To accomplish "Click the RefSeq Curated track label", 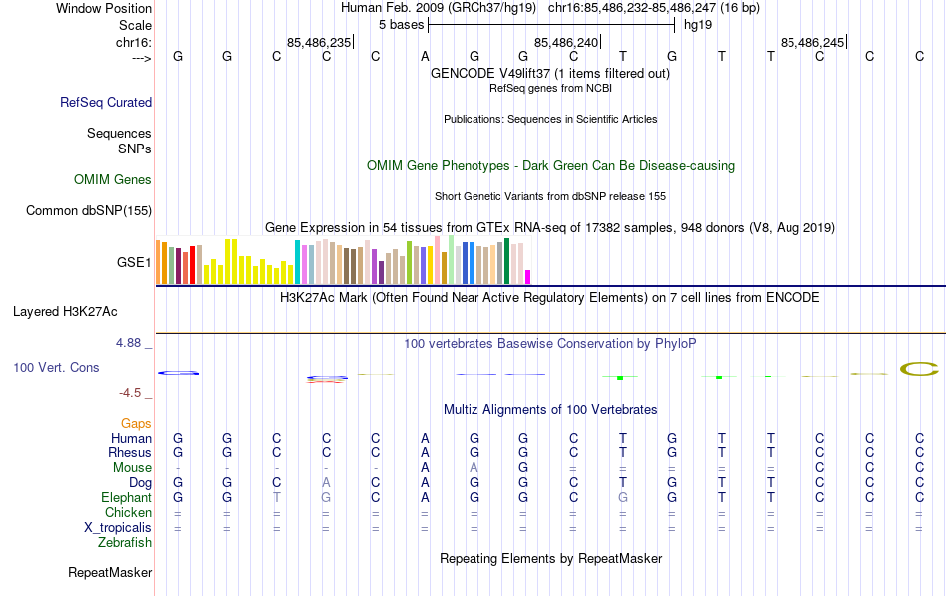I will (106, 102).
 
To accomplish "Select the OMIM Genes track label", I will (113, 180).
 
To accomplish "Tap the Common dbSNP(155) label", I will (89, 210).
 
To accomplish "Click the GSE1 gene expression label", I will (134, 263).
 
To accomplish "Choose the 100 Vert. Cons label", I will (56, 368).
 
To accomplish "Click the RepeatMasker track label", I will (110, 573).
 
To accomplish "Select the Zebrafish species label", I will (125, 543).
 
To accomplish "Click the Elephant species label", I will (126, 498).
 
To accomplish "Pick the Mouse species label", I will (132, 468).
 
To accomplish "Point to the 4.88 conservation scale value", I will (132, 343).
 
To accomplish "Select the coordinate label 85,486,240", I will (567, 42).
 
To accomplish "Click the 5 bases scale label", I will (401, 25).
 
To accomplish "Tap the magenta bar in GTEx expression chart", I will (528, 276).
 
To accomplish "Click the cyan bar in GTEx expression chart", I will (297, 262).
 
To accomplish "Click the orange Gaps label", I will (136, 424).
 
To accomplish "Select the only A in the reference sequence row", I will (425, 56).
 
